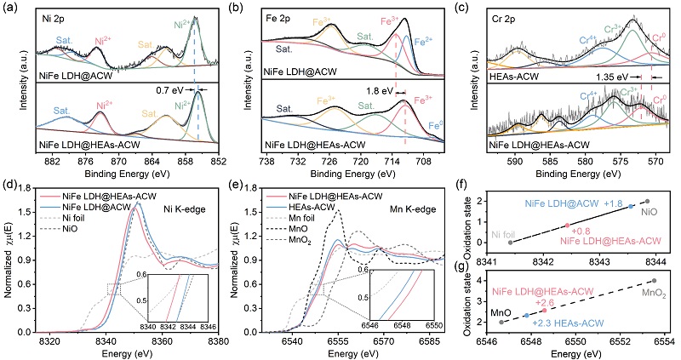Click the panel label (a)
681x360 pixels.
coord(10,8)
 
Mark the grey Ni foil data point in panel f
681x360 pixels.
coord(511,243)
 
